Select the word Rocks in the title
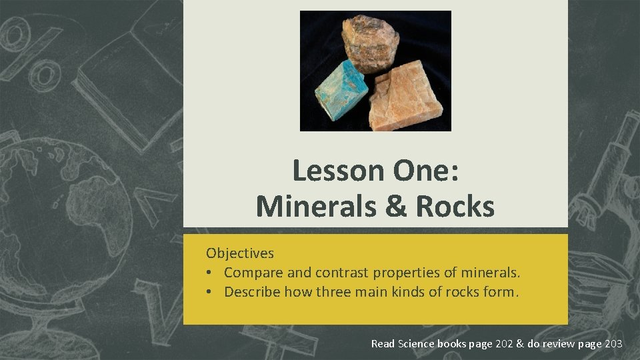point(455,206)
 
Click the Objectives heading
point(240,253)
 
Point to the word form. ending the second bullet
point(503,292)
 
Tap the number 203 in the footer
point(613,344)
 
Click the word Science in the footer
point(416,344)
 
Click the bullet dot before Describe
point(210,292)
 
